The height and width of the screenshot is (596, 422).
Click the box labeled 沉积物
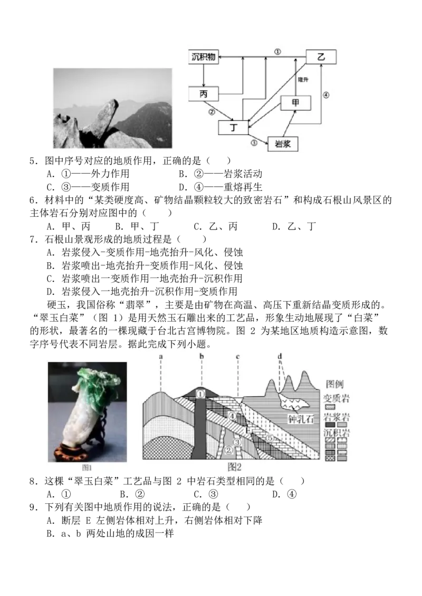click(x=204, y=56)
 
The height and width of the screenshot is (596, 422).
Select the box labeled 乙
click(x=321, y=56)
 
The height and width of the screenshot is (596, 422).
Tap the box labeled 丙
click(x=204, y=94)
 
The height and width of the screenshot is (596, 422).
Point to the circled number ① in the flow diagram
click(x=277, y=52)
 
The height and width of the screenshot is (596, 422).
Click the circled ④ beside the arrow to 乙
click(x=326, y=95)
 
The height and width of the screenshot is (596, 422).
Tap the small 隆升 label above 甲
click(x=303, y=79)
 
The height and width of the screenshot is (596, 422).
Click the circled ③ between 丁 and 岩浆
click(x=254, y=143)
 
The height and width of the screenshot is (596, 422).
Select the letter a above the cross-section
click(x=160, y=357)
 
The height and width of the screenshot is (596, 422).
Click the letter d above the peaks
click(x=280, y=357)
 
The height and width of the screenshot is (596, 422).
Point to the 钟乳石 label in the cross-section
click(x=300, y=419)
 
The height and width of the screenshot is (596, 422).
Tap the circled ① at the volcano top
click(x=200, y=393)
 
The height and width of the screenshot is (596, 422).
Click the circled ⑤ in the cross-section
click(x=270, y=438)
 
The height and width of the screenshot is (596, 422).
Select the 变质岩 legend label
click(x=338, y=397)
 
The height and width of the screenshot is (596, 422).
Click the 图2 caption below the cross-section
click(x=234, y=467)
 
